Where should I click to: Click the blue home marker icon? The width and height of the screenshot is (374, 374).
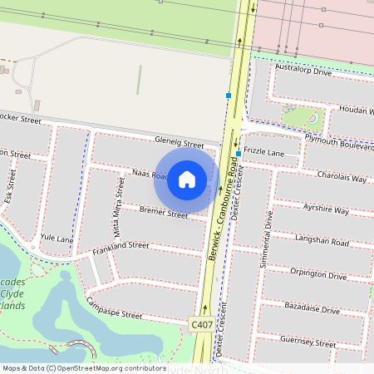pyautogui.click(x=187, y=180)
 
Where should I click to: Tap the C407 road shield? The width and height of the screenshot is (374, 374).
pyautogui.click(x=201, y=323)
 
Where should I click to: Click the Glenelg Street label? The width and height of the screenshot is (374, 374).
pyautogui.click(x=179, y=143)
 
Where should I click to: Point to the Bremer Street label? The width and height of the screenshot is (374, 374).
pyautogui.click(x=164, y=213)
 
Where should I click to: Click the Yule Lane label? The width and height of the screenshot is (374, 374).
pyautogui.click(x=57, y=239)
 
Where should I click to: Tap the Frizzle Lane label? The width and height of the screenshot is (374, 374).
pyautogui.click(x=264, y=154)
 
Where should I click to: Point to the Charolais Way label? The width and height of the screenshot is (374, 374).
pyautogui.click(x=341, y=176)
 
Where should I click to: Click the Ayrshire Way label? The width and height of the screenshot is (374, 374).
pyautogui.click(x=326, y=209)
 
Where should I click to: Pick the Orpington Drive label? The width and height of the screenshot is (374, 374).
pyautogui.click(x=318, y=274)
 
